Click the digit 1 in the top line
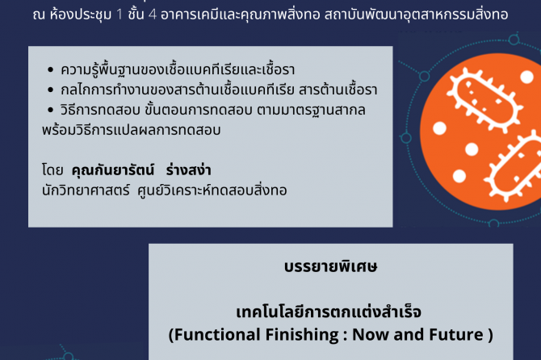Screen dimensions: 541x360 [x=120, y=15]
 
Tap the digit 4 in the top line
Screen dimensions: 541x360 [x=152, y=15]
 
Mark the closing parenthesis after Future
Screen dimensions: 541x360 [x=490, y=335]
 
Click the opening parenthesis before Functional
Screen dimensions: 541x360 [x=171, y=335]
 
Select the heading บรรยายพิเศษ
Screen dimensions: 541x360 [x=330, y=266]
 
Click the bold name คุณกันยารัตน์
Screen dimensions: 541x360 [x=112, y=170]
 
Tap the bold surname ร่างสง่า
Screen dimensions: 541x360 [x=188, y=170]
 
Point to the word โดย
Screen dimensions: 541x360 [x=52, y=170]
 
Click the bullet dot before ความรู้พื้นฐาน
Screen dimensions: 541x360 [x=51, y=70]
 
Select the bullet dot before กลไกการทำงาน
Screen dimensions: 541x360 [x=51, y=90]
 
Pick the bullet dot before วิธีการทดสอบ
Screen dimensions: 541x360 [x=51, y=110]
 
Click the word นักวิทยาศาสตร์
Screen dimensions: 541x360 [x=86, y=190]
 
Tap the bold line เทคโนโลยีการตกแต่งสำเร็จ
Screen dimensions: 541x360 [x=329, y=312]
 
